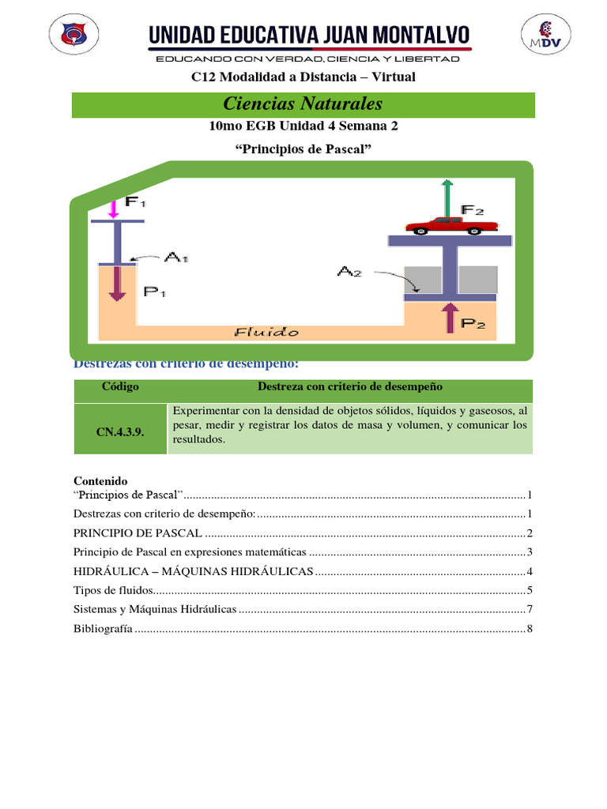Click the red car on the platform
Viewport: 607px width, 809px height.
(447, 225)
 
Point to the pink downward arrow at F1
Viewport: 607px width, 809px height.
(113, 208)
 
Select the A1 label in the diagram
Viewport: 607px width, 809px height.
(175, 257)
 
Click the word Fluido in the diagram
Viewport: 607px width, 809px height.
(267, 333)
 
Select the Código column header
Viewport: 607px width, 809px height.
(120, 387)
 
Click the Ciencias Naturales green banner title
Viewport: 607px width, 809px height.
(303, 103)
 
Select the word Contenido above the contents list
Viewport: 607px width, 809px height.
(100, 480)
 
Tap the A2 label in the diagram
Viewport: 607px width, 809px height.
(349, 271)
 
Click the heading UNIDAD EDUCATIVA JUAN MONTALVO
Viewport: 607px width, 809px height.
(309, 34)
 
